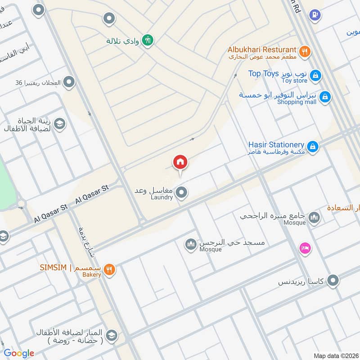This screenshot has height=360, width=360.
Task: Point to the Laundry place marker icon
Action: [x=181, y=193]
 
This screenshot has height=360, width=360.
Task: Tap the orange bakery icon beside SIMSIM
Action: [x=109, y=270]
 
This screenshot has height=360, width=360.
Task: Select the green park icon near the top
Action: [x=148, y=40]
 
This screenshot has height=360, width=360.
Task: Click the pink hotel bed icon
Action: [x=305, y=248]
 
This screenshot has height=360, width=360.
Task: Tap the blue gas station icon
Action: [x=315, y=15]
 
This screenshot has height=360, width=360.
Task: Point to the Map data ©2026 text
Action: [x=335, y=355]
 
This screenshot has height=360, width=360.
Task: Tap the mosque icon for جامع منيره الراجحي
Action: [x=314, y=218]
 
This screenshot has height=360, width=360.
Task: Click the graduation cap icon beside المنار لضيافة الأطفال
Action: [x=112, y=335]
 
